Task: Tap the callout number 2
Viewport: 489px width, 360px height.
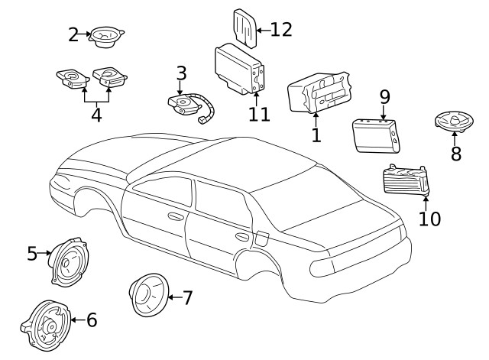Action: click(x=73, y=34)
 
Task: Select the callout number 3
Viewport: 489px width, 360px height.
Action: click(x=181, y=73)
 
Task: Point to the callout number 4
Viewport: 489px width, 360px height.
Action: click(x=96, y=115)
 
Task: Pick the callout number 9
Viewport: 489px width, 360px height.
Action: click(x=384, y=97)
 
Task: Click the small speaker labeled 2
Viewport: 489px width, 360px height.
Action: click(x=107, y=37)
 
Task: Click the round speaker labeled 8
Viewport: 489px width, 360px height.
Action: click(x=454, y=121)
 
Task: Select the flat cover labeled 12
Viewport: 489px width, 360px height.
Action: click(x=245, y=28)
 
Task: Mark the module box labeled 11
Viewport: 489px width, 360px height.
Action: click(x=238, y=67)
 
